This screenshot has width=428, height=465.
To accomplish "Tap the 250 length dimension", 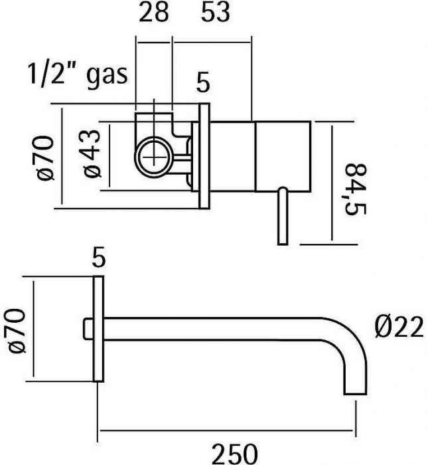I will point(234,453).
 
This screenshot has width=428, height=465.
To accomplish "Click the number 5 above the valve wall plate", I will point(203,84).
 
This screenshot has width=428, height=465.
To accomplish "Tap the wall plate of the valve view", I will point(204,158).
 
